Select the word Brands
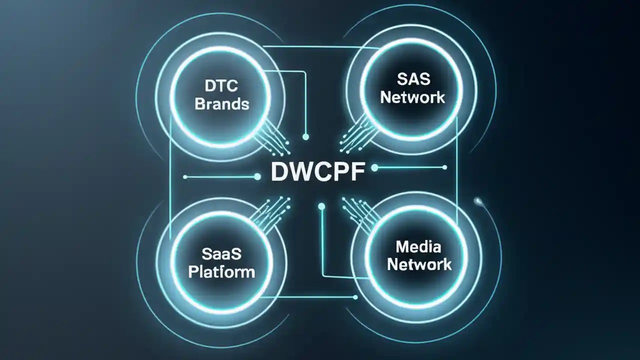(221, 104)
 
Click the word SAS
(412, 78)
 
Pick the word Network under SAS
(412, 96)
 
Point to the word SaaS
(221, 253)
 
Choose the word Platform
(221, 272)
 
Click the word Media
(418, 246)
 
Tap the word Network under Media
(419, 264)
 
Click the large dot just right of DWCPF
(374, 168)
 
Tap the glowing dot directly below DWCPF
(321, 206)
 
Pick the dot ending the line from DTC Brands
(306, 136)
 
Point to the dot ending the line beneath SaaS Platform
(355, 297)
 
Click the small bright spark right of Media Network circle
(478, 201)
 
